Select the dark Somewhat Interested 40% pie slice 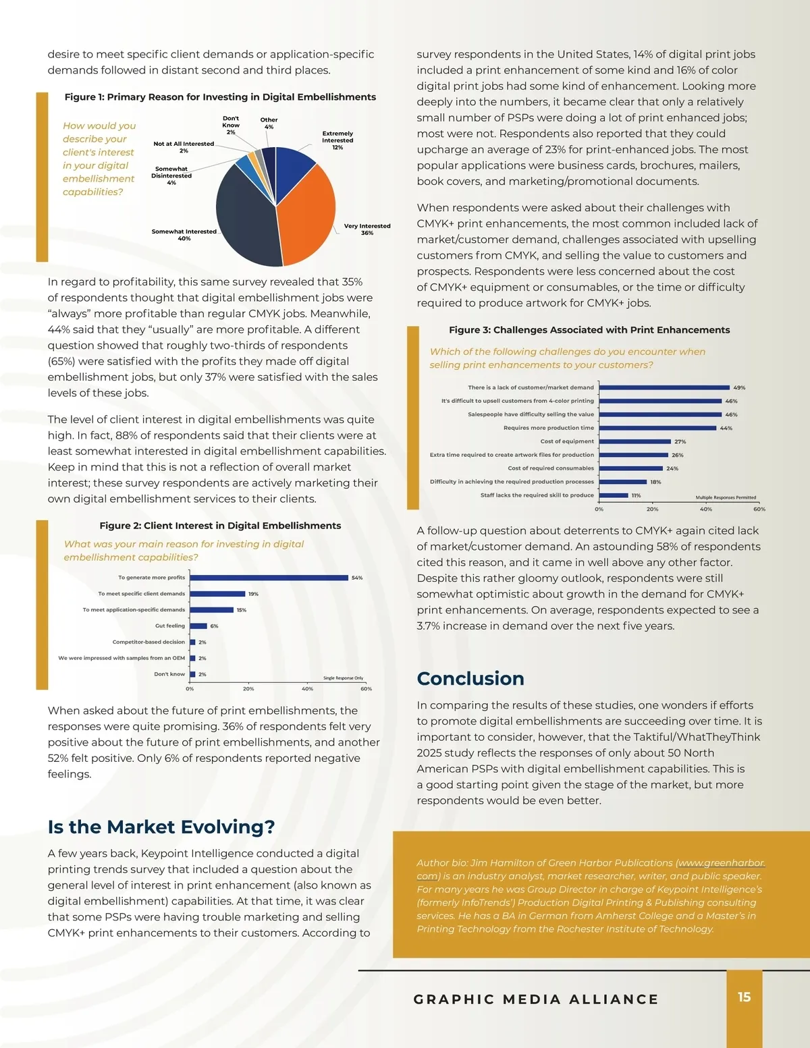pyautogui.click(x=246, y=216)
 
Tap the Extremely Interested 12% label pyautogui.click(x=337, y=140)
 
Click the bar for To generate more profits pyautogui.click(x=269, y=578)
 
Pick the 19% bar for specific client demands pyautogui.click(x=217, y=594)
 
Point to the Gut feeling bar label pyautogui.click(x=170, y=626)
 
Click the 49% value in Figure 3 pyautogui.click(x=739, y=387)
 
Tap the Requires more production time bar pyautogui.click(x=657, y=428)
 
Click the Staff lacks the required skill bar pyautogui.click(x=614, y=495)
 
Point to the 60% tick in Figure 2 pyautogui.click(x=366, y=689)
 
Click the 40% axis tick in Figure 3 pyautogui.click(x=705, y=509)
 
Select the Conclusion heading pyautogui.click(x=470, y=678)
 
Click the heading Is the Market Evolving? pyautogui.click(x=161, y=827)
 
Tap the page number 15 pyautogui.click(x=744, y=997)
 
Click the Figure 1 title pyautogui.click(x=220, y=97)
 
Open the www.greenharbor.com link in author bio pyautogui.click(x=721, y=863)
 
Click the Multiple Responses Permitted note pyautogui.click(x=726, y=497)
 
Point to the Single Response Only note pyautogui.click(x=343, y=678)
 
